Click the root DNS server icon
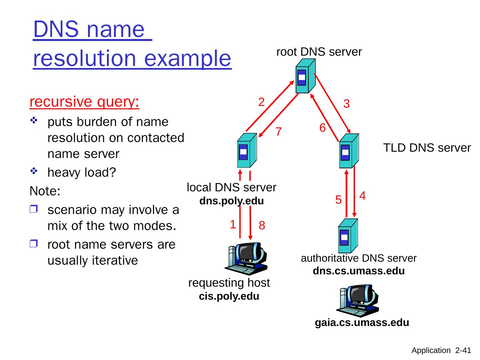(305, 76)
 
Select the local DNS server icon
(247, 151)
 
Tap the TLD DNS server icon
(349, 151)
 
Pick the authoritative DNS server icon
(348, 236)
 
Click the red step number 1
(233, 224)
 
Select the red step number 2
(262, 102)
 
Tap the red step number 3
(346, 104)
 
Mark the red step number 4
(363, 196)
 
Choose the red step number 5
(338, 200)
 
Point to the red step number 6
(322, 128)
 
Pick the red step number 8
(262, 226)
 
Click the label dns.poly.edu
(232, 201)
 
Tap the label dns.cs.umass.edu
(359, 271)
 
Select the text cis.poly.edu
(229, 296)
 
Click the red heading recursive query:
(85, 102)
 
